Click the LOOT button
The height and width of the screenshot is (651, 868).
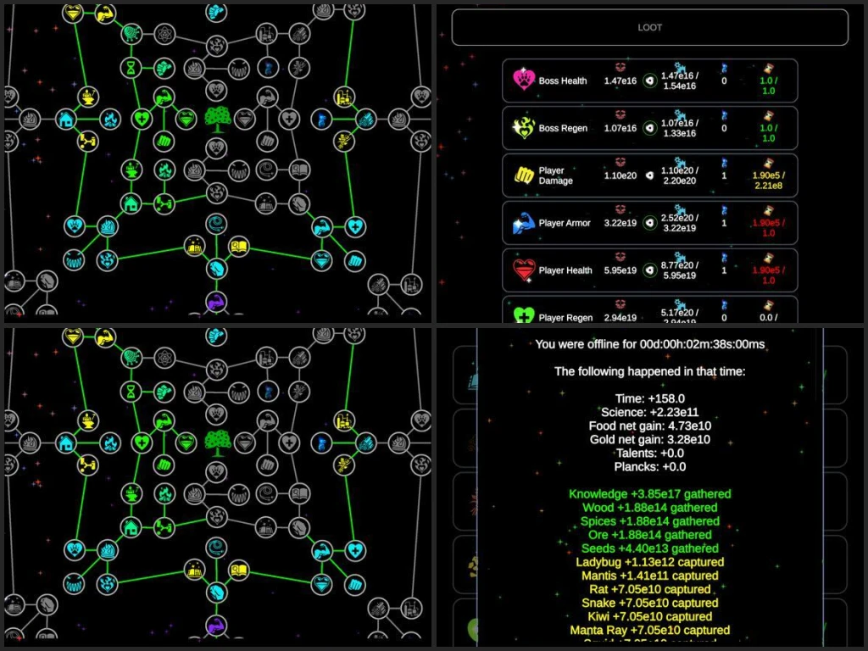coord(649,27)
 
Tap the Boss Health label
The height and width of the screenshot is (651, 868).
coord(562,81)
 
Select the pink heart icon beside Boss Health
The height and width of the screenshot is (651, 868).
coord(523,81)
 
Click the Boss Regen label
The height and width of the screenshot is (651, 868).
coord(563,129)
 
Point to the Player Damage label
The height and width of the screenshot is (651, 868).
coord(556,175)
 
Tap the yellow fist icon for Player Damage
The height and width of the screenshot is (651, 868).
coord(523,175)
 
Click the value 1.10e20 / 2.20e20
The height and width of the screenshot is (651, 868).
coord(677,175)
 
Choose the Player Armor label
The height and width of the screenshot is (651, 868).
coord(565,224)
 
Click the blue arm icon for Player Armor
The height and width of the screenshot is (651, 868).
coord(523,224)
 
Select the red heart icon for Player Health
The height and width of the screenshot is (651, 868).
coord(523,270)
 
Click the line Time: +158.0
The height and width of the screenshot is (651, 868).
coord(649,398)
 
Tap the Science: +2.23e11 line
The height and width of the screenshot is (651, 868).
coord(649,412)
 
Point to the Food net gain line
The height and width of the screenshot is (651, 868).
coord(649,426)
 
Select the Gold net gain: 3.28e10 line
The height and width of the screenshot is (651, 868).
coord(649,439)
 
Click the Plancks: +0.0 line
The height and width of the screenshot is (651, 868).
coord(649,466)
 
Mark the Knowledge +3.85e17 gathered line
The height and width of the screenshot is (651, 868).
coord(649,493)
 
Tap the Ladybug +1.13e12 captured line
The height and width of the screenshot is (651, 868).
coord(649,561)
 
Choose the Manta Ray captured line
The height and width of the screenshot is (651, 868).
coord(649,630)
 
